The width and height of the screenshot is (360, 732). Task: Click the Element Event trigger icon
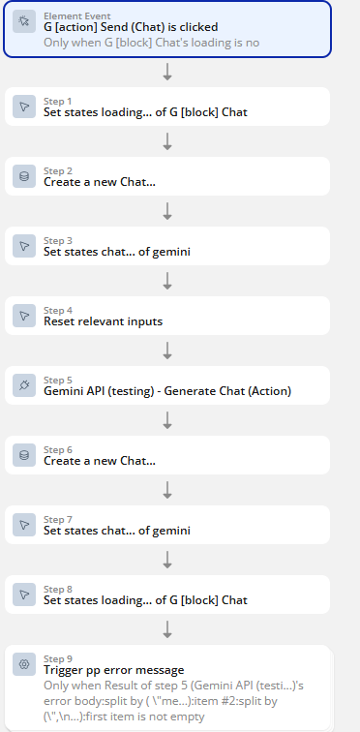tap(24, 21)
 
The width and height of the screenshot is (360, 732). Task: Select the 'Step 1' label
tap(58, 102)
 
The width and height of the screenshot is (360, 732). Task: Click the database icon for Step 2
tap(24, 176)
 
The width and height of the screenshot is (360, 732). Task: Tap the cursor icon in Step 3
tap(24, 246)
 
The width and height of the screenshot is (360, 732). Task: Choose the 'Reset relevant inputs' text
tap(103, 321)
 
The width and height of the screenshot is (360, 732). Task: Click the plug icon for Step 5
tap(24, 385)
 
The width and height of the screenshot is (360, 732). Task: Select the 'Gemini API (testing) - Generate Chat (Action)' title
tap(167, 391)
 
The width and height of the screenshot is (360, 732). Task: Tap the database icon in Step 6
tap(24, 455)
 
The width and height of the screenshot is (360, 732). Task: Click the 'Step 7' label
tap(58, 520)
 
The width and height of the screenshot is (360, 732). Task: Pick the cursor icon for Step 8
tap(24, 595)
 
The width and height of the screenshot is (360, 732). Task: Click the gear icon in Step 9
tap(24, 664)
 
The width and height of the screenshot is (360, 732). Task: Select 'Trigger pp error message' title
tap(114, 670)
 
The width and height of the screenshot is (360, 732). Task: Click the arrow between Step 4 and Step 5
tap(167, 351)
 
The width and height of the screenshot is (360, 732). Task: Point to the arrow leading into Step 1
tap(167, 72)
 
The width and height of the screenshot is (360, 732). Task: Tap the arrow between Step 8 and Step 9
tap(167, 629)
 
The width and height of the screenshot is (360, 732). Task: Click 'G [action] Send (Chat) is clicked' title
tap(131, 27)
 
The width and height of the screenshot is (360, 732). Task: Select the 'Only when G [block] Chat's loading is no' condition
tap(152, 43)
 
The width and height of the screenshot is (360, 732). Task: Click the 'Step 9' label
tap(58, 658)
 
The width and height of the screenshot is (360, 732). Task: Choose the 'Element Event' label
tap(77, 16)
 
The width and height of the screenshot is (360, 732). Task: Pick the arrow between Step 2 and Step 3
tap(167, 211)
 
